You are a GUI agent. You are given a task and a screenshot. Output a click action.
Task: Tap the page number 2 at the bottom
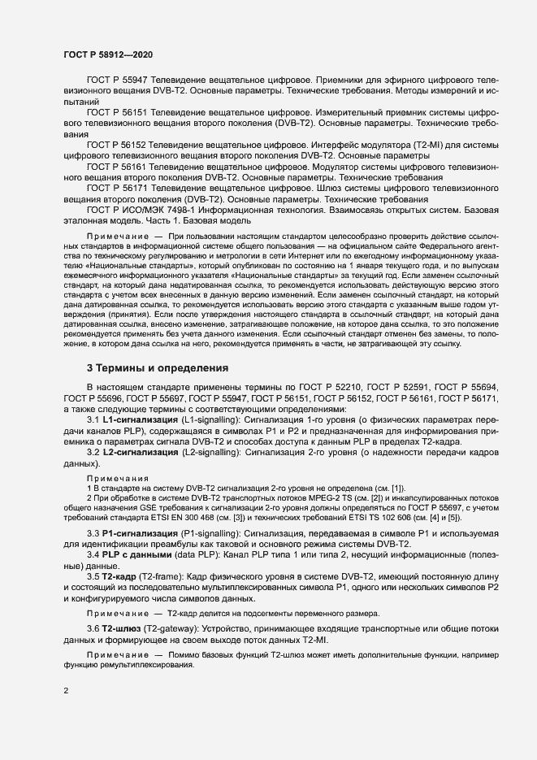click(67, 691)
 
